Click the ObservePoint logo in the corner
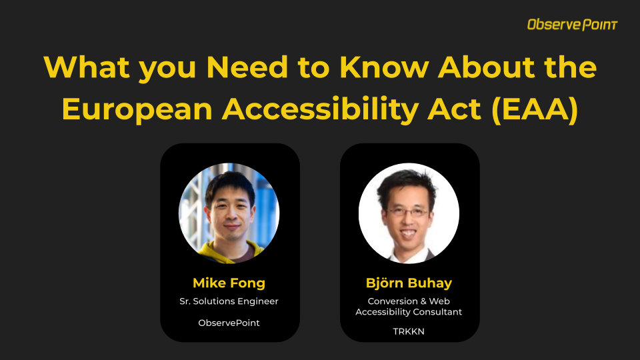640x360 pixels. pyautogui.click(x=572, y=25)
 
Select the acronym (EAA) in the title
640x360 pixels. pyautogui.click(x=533, y=110)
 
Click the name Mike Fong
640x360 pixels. pyautogui.click(x=229, y=283)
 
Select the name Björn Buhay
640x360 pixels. pyautogui.click(x=409, y=283)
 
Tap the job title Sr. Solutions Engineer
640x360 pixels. pyautogui.click(x=229, y=301)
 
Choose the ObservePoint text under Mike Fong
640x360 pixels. pyautogui.click(x=229, y=323)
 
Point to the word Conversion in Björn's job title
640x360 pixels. pyautogui.click(x=394, y=301)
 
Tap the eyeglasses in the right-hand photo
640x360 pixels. pyautogui.click(x=408, y=212)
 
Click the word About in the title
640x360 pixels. pyautogui.click(x=488, y=68)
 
